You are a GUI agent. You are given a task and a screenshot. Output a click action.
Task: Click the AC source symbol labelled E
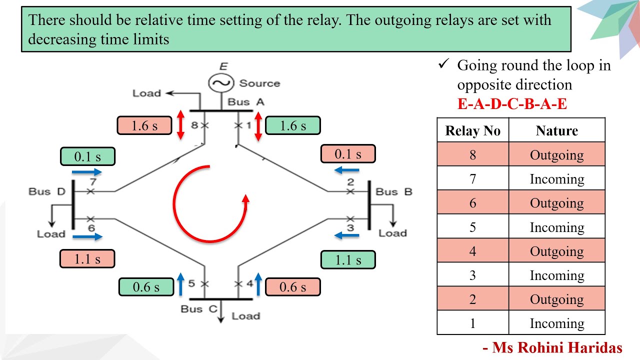click(219, 83)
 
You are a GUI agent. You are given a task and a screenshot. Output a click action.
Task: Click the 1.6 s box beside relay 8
click(144, 125)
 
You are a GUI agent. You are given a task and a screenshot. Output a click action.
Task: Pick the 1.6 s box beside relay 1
click(292, 125)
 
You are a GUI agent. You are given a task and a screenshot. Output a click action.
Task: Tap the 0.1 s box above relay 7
click(87, 156)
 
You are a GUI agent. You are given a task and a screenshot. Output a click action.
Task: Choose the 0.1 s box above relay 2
click(347, 154)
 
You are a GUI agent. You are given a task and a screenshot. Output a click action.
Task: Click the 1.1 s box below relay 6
click(87, 258)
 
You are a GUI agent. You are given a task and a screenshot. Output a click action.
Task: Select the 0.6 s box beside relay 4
click(292, 286)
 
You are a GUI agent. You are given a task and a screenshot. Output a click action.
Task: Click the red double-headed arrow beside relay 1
click(258, 125)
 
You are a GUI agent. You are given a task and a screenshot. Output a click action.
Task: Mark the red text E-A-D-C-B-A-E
click(512, 104)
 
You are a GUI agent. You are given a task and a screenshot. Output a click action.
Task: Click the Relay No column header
click(472, 130)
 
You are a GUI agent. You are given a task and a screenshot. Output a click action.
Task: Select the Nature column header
click(556, 130)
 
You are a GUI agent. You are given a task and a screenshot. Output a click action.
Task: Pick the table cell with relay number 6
click(472, 203)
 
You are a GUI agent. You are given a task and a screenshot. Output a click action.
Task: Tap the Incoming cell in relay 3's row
click(556, 275)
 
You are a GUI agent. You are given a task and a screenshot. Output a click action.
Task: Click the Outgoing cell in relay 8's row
click(556, 154)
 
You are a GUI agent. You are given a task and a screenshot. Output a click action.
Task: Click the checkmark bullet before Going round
click(442, 64)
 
